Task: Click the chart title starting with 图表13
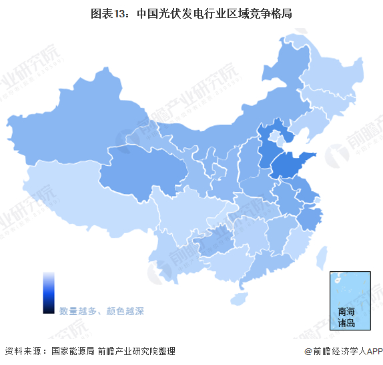pyautogui.click(x=191, y=13)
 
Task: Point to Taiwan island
pyautogui.click(x=322, y=256)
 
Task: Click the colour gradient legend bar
pyautogui.click(x=49, y=292)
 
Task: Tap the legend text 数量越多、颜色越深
pyautogui.click(x=101, y=311)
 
